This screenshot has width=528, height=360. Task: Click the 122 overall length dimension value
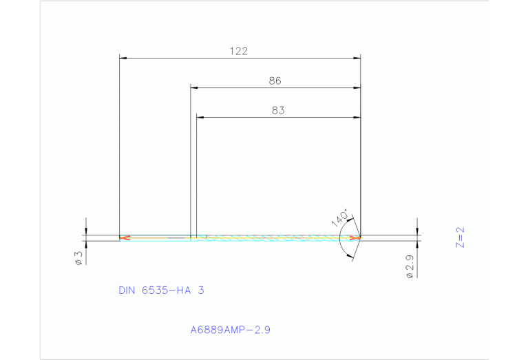[239, 51]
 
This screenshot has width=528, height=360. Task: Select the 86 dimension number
[275, 81]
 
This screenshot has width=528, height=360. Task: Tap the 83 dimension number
[277, 109]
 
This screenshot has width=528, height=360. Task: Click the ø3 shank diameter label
[78, 258]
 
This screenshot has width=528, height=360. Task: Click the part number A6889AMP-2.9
[230, 330]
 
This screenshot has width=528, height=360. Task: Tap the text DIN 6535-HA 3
[161, 290]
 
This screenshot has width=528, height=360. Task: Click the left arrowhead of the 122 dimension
[123, 59]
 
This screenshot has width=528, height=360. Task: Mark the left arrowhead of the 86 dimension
[195, 88]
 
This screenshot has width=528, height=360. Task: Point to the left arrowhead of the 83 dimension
[200, 117]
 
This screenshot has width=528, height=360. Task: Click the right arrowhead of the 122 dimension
[357, 59]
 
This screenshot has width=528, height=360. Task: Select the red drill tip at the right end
[355, 238]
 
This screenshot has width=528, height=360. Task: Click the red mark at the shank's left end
[124, 238]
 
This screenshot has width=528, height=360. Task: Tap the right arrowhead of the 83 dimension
[357, 117]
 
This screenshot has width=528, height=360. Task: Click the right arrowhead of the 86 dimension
[357, 88]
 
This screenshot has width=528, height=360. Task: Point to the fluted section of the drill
[275, 238]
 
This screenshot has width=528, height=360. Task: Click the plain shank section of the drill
[158, 238]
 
